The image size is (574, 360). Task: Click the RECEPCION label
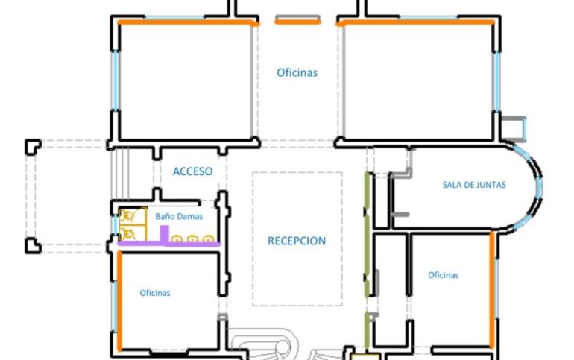297,241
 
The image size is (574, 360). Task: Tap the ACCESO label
192,171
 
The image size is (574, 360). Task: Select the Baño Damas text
179,217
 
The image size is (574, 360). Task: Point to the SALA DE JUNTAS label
474,185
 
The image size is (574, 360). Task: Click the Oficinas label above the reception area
297,72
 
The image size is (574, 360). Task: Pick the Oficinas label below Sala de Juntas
443,275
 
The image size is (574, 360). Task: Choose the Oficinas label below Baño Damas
155,293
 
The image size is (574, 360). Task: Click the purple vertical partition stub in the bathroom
164,234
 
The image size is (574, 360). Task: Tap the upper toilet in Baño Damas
127,215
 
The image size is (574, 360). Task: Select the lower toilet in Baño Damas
127,233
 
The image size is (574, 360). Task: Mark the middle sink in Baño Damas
192,239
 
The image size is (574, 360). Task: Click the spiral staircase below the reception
264,344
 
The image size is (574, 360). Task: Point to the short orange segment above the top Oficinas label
297,22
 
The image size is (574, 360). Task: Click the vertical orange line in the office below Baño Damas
119,300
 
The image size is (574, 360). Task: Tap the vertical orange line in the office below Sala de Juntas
492,290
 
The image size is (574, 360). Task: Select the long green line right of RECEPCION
367,234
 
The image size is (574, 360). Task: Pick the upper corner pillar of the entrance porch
33,147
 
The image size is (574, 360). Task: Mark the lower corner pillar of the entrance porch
33,245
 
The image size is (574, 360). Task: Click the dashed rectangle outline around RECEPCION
252,239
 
